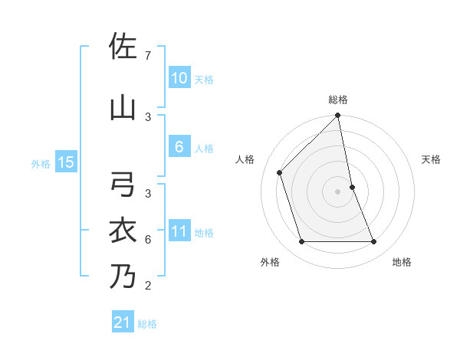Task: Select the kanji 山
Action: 123,107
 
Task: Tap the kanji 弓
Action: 123,185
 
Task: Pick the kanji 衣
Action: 123,231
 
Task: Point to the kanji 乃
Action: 123,276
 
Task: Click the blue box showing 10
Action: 179,78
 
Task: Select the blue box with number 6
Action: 179,148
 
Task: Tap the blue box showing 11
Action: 179,232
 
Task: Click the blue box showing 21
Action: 123,322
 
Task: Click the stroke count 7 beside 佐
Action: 147,56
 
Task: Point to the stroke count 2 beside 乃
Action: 147,286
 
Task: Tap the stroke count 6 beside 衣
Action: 147,240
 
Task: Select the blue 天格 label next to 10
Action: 204,79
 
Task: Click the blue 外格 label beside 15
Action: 41,162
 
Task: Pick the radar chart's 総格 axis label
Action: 338,100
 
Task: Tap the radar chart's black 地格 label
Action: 402,262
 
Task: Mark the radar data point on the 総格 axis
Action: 338,116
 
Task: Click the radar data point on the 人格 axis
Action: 280,172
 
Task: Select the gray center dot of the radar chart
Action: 338,191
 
